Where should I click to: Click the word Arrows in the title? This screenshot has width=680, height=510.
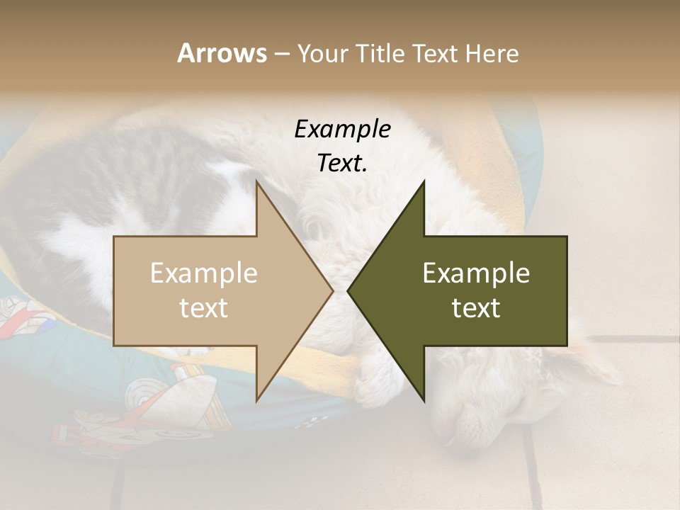point(222,53)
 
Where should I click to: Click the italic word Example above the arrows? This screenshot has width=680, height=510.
point(342,130)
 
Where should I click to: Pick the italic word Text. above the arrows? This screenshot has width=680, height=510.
point(342,164)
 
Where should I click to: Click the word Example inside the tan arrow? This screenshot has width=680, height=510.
point(204,273)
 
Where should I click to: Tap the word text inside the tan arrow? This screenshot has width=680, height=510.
point(204,308)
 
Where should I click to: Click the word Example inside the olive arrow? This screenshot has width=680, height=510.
point(476,273)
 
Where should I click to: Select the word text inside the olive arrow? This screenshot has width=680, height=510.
point(476,308)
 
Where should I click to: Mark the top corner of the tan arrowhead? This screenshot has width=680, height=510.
point(256,181)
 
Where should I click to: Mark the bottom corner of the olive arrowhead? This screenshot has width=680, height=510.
point(424,401)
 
